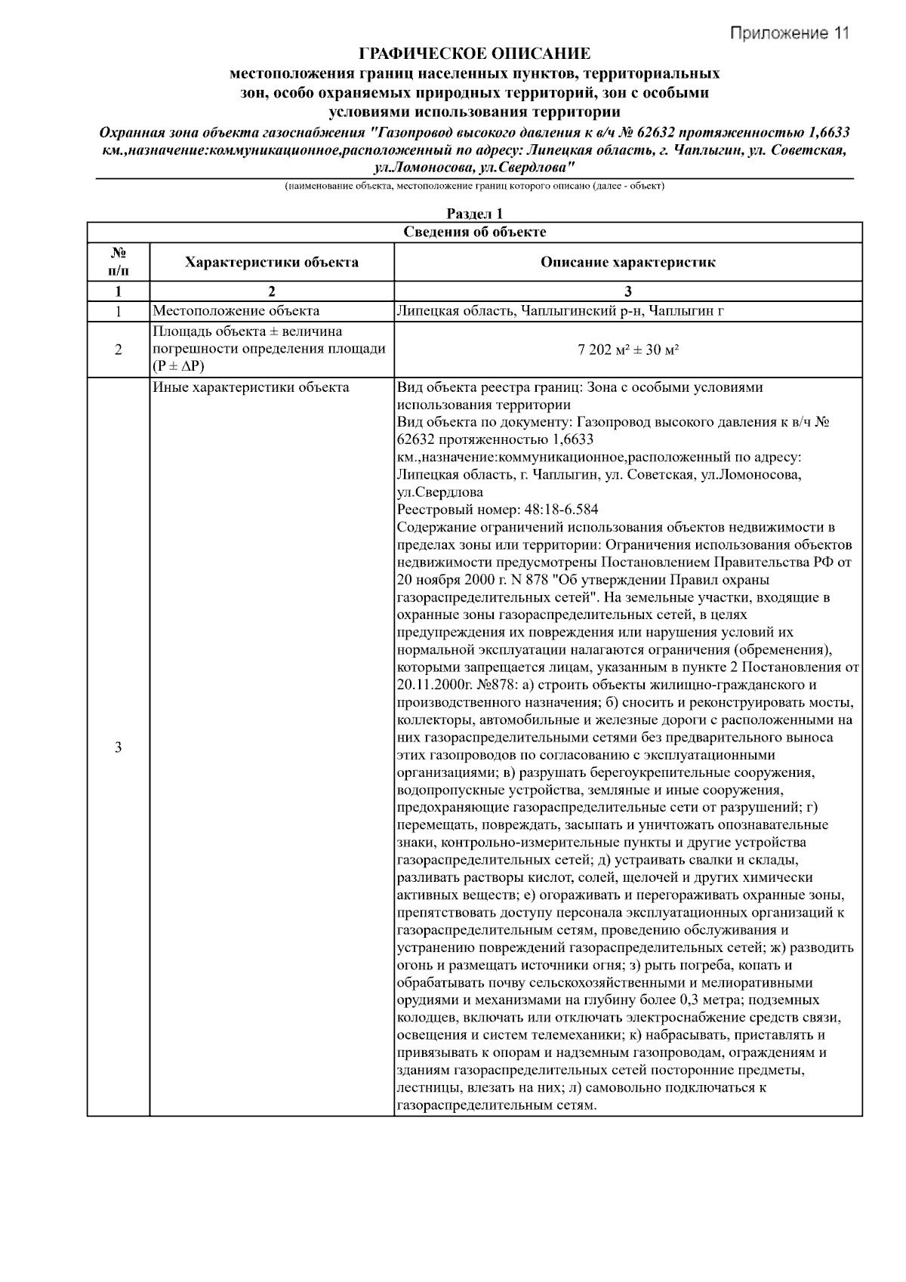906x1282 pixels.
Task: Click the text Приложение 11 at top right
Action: click(x=789, y=33)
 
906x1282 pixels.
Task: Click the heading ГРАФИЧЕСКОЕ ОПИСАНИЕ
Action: click(x=474, y=54)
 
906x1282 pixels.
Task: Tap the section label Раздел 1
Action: click(x=474, y=214)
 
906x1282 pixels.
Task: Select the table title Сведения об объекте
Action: click(x=474, y=232)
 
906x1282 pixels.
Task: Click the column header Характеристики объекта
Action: click(x=272, y=262)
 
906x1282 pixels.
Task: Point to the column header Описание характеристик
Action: click(x=627, y=262)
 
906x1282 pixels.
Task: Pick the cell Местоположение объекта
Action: click(x=236, y=310)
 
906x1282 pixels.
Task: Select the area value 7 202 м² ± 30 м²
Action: click(x=627, y=350)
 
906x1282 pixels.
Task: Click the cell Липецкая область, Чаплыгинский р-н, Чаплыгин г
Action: click(x=559, y=310)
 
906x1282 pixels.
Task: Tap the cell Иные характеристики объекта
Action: click(x=251, y=387)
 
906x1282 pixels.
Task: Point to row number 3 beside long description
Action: click(x=118, y=747)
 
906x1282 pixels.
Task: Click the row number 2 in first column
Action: click(x=118, y=350)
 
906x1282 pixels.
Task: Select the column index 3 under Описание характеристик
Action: click(x=627, y=291)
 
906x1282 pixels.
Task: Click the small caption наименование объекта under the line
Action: click(x=474, y=186)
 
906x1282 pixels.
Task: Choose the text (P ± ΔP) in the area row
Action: click(x=179, y=366)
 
